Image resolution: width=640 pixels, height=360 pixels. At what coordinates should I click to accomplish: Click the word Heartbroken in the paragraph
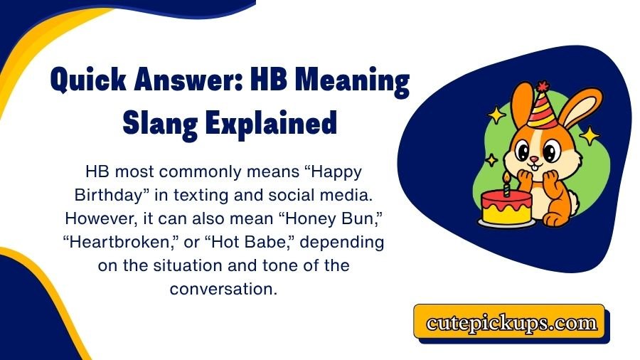[114, 242]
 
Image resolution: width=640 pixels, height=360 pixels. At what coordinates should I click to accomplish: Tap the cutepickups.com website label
[511, 322]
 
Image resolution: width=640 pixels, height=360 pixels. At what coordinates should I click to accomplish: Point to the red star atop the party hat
[543, 87]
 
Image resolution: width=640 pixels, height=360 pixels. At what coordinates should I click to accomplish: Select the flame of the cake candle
[506, 175]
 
